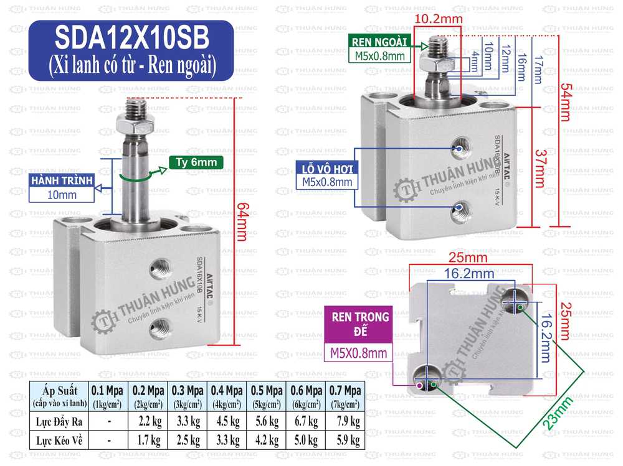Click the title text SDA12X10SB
(x=132, y=40)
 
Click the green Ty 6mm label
(x=195, y=163)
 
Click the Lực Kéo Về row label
(x=59, y=440)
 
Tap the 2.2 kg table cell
(x=146, y=422)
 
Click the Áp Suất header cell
(x=59, y=396)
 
